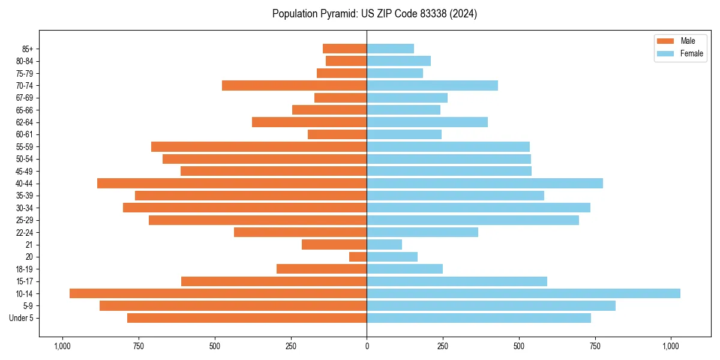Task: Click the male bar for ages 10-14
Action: pos(218,293)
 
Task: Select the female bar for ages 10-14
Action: pos(523,293)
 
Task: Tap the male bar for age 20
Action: pos(358,257)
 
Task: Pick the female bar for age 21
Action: pos(384,244)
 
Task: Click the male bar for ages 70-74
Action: pos(294,85)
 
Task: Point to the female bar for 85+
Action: pos(390,49)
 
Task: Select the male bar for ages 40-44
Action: pos(232,183)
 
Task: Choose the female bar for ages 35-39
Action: pos(455,196)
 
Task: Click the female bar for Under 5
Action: pos(479,318)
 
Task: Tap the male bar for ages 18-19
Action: pos(322,269)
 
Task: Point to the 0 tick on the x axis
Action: pos(367,346)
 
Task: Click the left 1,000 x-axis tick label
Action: pos(62,346)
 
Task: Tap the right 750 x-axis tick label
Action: pos(595,346)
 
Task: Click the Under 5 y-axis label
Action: pos(22,318)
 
